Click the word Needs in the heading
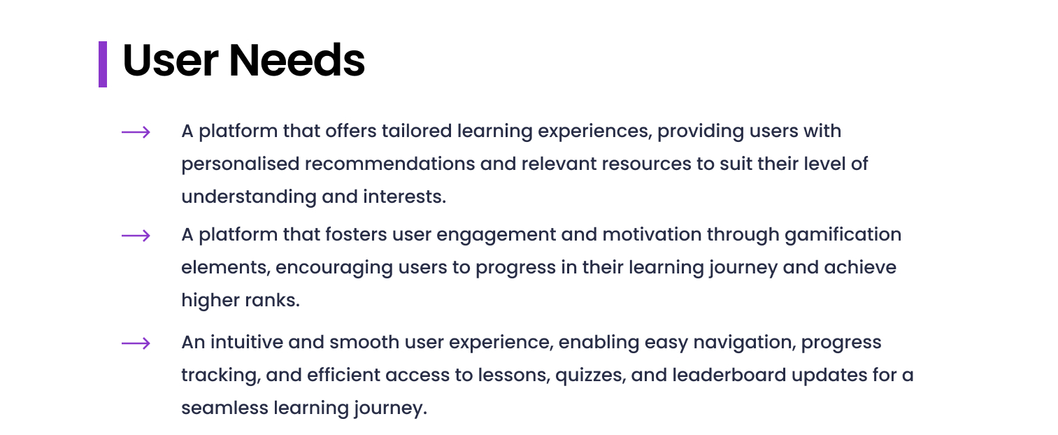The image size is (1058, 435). (297, 60)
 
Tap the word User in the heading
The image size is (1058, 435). (171, 60)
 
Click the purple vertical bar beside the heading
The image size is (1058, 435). (103, 64)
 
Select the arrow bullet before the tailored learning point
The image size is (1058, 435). (136, 132)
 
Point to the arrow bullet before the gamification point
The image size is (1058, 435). (136, 236)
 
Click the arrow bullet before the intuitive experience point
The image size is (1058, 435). (136, 343)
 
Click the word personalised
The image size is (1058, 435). (241, 164)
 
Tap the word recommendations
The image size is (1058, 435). (389, 164)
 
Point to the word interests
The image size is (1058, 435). (404, 197)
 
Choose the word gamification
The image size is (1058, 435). (843, 235)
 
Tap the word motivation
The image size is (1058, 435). (652, 234)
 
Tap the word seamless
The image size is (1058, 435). (225, 408)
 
